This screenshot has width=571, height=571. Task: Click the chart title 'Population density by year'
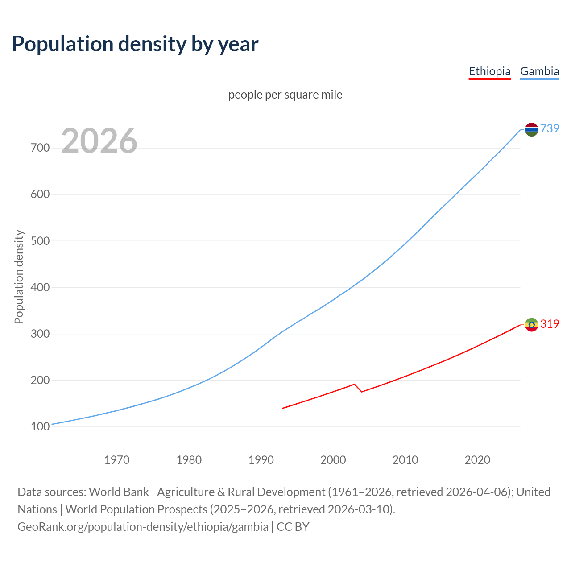pos(135,44)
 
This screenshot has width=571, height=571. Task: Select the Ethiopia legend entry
pos(489,71)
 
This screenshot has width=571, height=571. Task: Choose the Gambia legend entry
pos(539,71)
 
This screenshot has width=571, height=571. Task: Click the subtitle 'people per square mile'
pos(285,95)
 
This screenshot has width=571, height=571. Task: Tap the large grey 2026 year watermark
pos(99,141)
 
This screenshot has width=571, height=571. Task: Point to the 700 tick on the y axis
pos(40,148)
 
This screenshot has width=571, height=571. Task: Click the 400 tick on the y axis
pos(40,287)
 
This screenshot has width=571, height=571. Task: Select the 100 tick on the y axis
pos(40,427)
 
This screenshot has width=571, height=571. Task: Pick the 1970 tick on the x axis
pos(117,460)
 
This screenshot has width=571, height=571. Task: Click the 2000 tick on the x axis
pos(333,460)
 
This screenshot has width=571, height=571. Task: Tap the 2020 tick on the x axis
pos(477,460)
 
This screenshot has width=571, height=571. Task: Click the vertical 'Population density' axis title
pos(19,277)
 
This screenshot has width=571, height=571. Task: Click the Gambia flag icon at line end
pos(531,129)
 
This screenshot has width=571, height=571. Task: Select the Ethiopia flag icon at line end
pos(531,325)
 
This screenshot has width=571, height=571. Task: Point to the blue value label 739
pos(550,128)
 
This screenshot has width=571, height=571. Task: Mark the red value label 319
pos(550,324)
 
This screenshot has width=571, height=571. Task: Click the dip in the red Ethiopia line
pos(361,391)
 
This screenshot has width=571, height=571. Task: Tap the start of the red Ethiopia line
pos(283,408)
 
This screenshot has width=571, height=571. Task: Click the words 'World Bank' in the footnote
pos(119,492)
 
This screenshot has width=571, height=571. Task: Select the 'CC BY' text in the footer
pos(293,527)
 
